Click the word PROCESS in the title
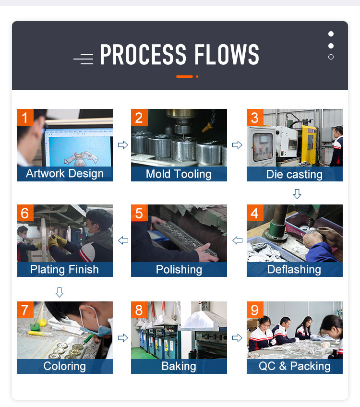(143, 54)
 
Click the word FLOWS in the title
(227, 54)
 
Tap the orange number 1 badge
(25, 117)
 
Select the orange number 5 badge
(139, 213)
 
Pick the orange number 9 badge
(255, 310)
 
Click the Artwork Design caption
(65, 173)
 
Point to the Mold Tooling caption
(179, 174)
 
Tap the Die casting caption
(294, 174)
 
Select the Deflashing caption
(294, 269)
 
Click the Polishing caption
(179, 270)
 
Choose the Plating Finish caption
(64, 269)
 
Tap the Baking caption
(179, 366)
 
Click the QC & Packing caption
(295, 366)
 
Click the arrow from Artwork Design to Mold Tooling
(123, 145)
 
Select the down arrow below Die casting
(297, 194)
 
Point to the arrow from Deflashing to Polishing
(238, 240)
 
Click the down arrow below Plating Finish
(60, 292)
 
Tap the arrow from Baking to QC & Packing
(237, 338)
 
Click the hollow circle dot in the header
(331, 57)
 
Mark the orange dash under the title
(184, 77)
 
